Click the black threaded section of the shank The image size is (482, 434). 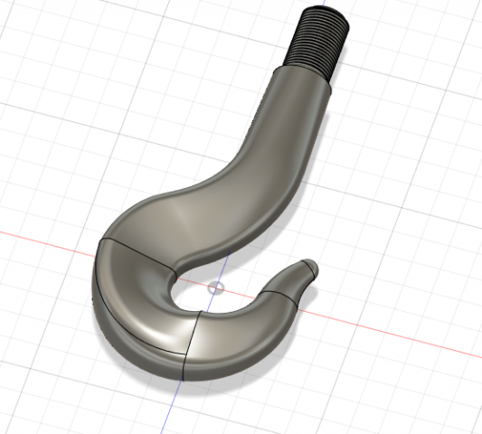coord(317,41)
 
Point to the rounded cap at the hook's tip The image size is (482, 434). coord(309,267)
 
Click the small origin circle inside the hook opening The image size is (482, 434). coord(214,288)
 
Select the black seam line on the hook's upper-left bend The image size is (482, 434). coord(136,252)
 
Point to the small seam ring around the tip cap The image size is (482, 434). coord(302,270)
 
